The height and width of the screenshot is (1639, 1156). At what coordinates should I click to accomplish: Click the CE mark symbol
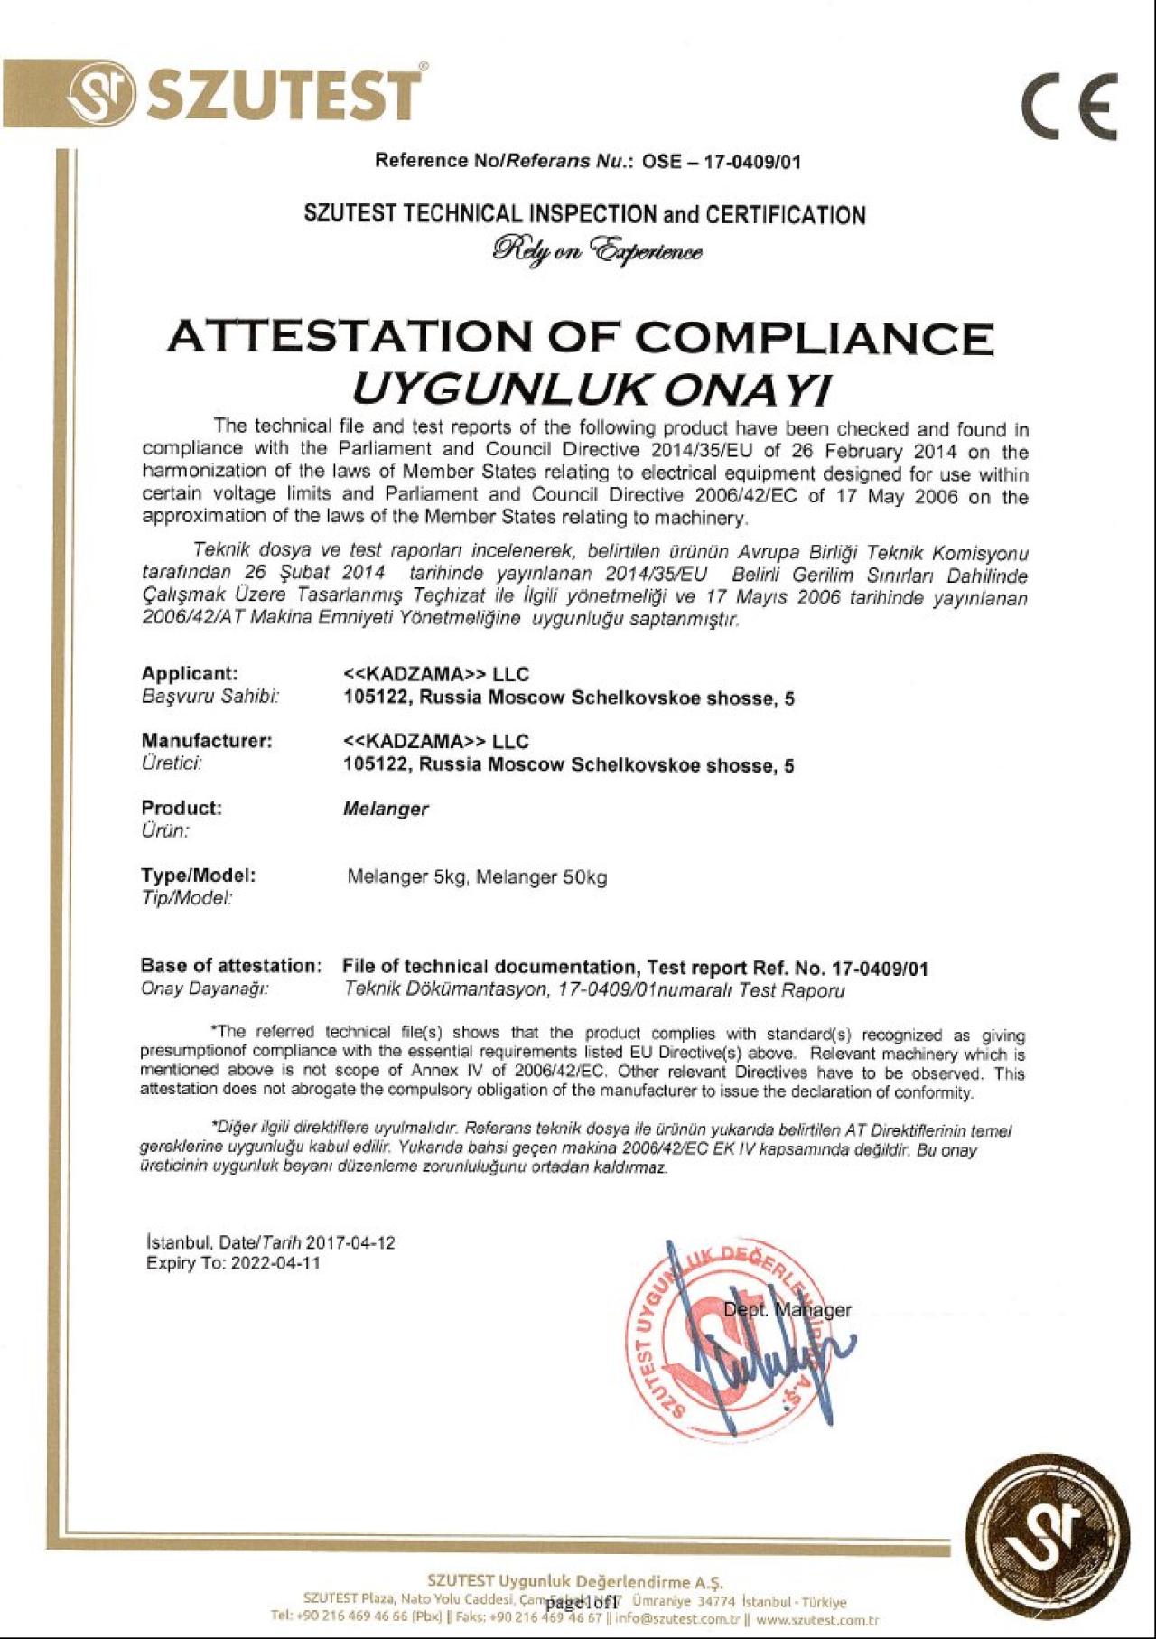point(1070,106)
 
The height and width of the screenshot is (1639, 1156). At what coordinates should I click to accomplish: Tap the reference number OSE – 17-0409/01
point(722,163)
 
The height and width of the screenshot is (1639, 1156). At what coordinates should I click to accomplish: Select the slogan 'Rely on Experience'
point(597,248)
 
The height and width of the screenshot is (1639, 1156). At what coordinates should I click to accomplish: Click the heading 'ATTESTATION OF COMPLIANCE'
point(580,338)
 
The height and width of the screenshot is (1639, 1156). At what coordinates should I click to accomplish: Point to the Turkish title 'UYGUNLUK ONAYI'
point(589,389)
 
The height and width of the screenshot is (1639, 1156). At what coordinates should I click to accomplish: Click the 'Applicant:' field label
point(190,673)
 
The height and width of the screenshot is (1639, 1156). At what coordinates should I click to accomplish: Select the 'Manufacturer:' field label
point(206,741)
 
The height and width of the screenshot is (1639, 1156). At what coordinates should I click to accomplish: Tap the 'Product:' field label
point(181,808)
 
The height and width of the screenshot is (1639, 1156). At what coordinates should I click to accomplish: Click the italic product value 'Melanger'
point(386,809)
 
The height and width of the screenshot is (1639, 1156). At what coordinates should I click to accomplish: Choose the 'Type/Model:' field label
point(198,875)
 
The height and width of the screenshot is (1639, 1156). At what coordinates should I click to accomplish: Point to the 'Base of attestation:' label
point(230,966)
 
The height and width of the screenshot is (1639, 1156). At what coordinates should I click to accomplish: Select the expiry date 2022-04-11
point(275,1263)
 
